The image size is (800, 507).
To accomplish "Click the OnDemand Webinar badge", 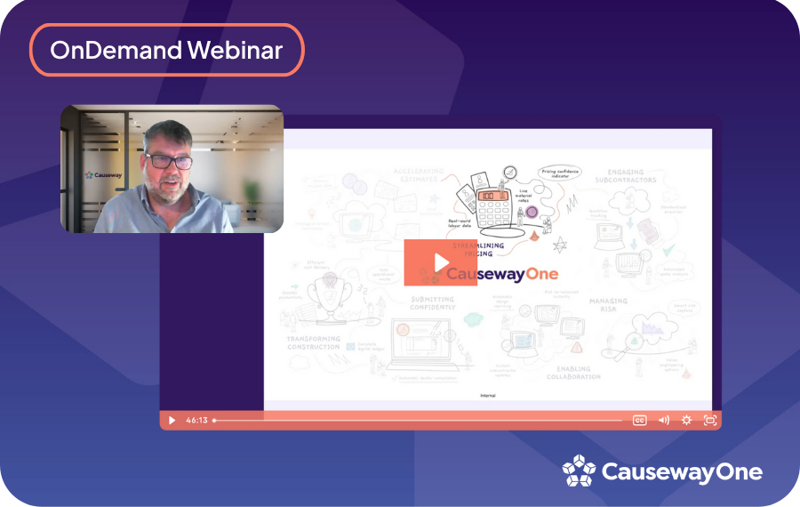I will tap(167, 50).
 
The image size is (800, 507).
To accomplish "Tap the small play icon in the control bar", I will tap(172, 420).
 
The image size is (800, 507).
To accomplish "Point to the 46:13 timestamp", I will tap(196, 420).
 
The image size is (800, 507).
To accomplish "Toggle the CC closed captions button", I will tap(639, 420).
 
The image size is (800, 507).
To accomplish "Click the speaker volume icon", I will tap(663, 420).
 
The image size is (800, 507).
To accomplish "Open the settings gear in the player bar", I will tap(686, 420).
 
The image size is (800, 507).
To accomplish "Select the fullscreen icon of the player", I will tap(710, 420).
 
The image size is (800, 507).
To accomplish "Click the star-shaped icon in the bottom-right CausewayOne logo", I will tap(579, 471).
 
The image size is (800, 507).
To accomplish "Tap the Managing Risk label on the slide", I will tap(608, 306).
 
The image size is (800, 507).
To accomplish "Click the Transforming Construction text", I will tap(313, 343).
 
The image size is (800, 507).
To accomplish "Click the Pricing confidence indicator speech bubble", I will tap(564, 174).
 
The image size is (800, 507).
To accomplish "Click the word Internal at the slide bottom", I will tap(487, 395).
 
